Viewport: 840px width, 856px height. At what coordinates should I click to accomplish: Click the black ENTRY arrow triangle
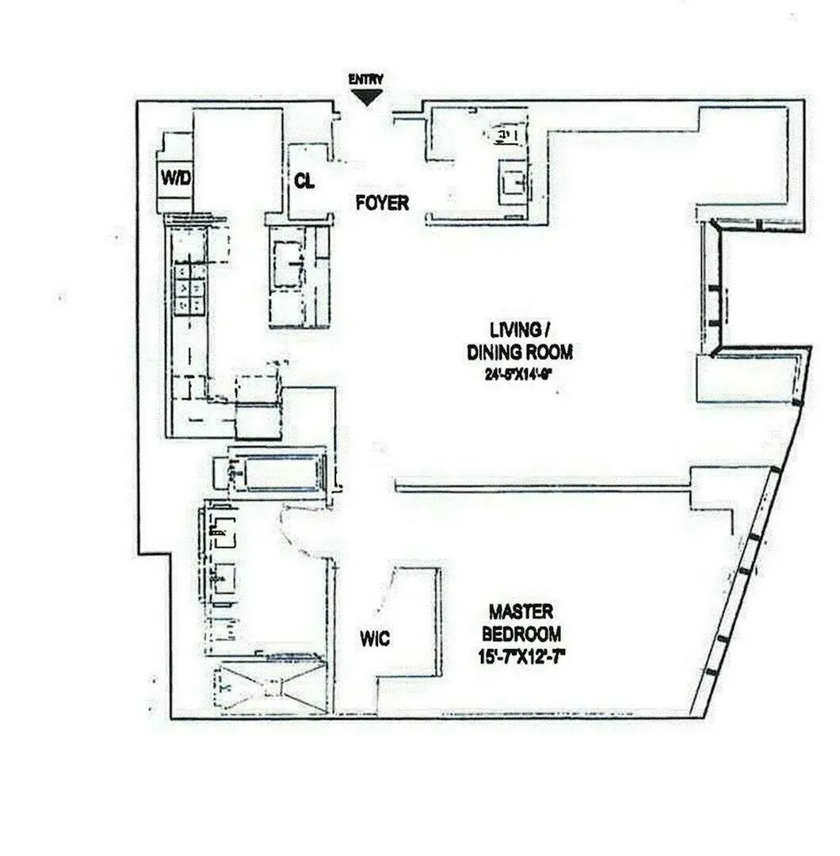[366, 97]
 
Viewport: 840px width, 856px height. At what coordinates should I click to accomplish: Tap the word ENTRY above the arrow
[366, 79]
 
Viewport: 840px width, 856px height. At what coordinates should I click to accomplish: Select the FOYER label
[382, 203]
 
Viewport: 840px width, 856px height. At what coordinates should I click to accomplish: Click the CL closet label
[304, 182]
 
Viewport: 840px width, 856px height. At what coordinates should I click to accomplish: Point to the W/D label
[176, 178]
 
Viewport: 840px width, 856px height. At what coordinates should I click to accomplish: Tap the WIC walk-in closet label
[374, 638]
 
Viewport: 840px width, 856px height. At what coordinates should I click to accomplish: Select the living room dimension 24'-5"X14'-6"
[518, 376]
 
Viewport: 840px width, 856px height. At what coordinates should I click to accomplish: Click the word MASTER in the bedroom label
[521, 613]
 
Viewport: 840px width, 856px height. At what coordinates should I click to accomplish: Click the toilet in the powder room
[503, 136]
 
